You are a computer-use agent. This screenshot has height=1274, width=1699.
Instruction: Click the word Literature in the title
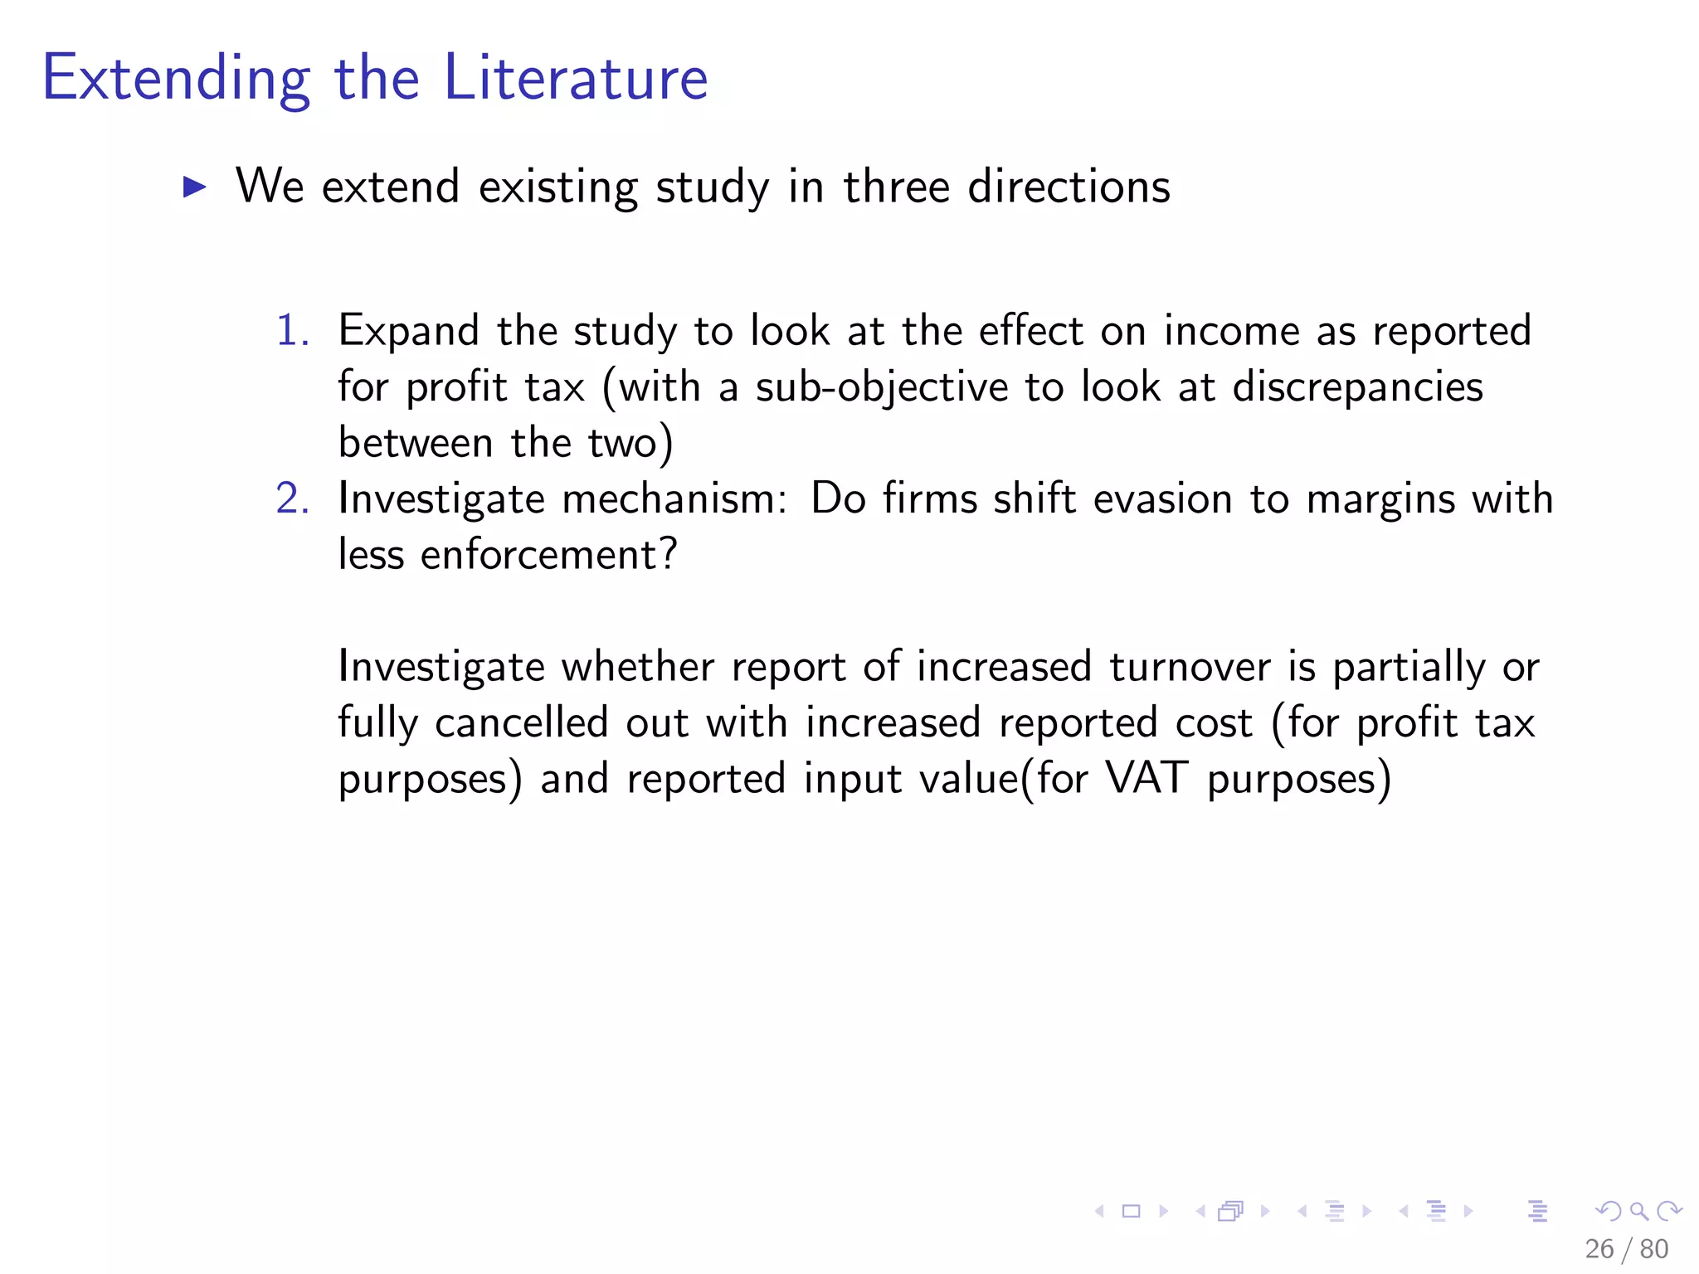click(x=576, y=78)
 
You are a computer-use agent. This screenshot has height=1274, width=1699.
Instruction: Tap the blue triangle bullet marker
click(x=194, y=187)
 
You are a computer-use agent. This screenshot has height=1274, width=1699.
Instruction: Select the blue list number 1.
click(x=292, y=330)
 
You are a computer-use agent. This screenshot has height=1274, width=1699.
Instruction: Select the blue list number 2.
click(x=292, y=498)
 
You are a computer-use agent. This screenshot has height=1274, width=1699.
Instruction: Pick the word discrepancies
click(x=1357, y=388)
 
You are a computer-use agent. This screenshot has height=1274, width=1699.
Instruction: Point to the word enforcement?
click(x=549, y=554)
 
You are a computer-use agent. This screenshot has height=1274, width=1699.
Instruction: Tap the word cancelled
click(x=522, y=722)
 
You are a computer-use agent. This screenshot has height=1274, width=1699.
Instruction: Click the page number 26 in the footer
click(x=1599, y=1248)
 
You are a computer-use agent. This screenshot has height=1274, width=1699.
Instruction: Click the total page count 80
click(x=1654, y=1248)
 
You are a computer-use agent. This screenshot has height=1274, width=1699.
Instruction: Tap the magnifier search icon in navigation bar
click(x=1638, y=1211)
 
